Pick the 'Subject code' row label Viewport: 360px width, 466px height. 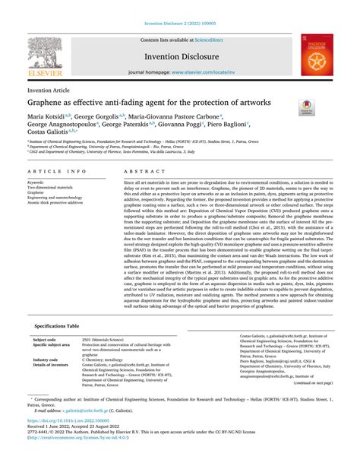pyautogui.click(x=46, y=360)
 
